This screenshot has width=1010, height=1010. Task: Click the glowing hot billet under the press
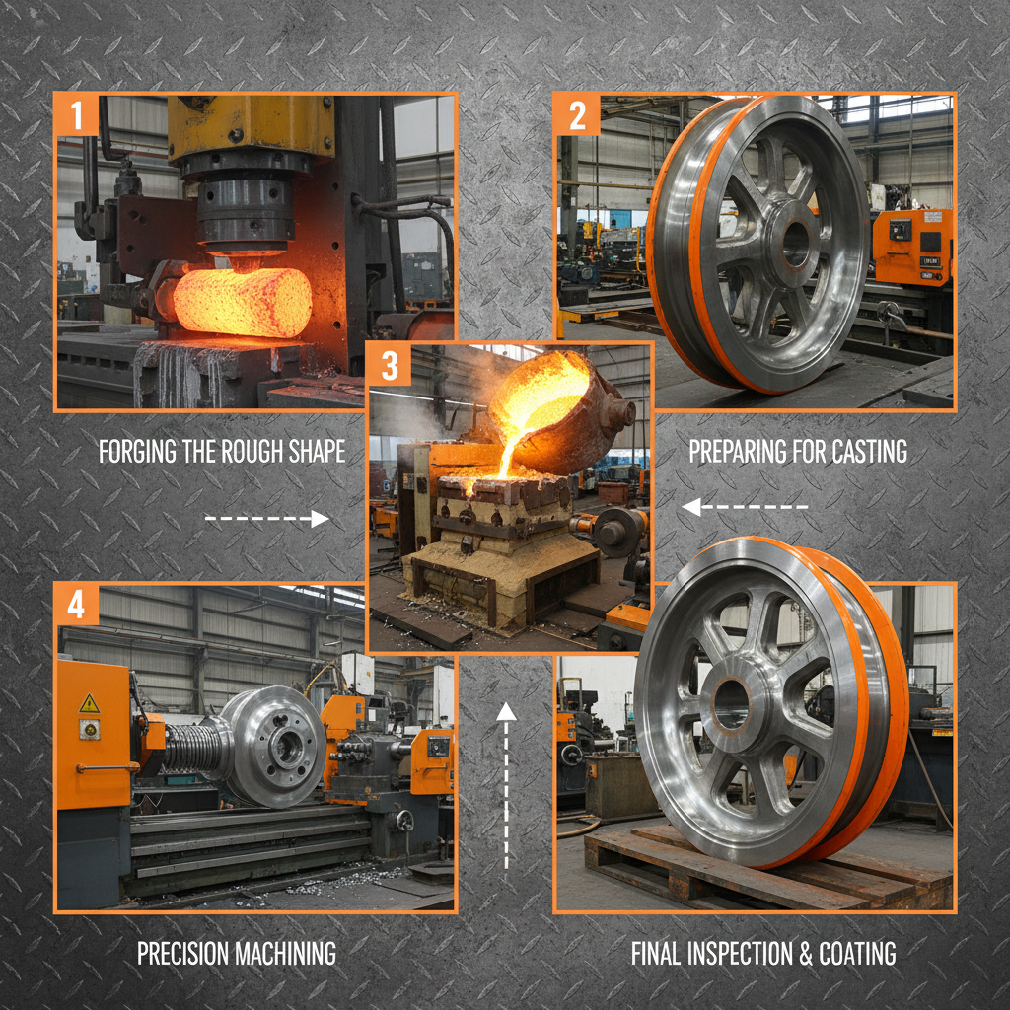[243, 300]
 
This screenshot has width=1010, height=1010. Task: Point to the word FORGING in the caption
[139, 452]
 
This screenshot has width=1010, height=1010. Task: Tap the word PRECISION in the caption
[181, 954]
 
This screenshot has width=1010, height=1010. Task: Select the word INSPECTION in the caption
[756, 954]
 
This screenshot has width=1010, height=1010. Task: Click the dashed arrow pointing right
[266, 519]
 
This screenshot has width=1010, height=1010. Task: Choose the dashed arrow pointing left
[745, 508]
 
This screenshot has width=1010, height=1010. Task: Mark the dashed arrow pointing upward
[507, 784]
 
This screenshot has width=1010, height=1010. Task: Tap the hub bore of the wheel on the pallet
[731, 704]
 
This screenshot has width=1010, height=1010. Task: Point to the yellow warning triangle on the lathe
[90, 703]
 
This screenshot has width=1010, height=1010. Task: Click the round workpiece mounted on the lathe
[276, 746]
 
